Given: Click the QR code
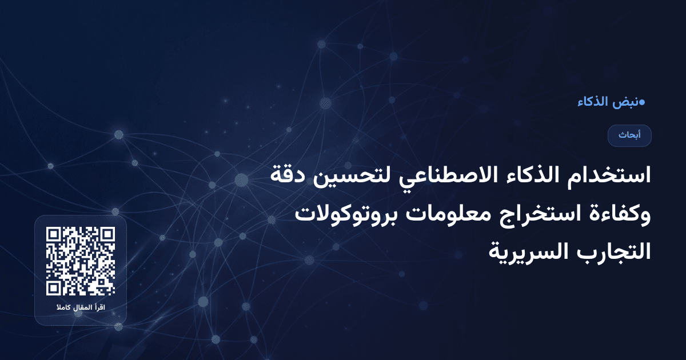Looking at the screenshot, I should pos(81,261).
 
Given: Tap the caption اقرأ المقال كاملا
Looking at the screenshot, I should pos(81,309).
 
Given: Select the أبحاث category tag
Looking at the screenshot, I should pos(629,135).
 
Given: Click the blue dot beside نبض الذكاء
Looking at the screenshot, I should pos(641,102).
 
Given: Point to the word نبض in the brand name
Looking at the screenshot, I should pos(624,102).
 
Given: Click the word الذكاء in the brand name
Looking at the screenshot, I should pos(592,102).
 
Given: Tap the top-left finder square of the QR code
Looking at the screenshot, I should pos(54,235).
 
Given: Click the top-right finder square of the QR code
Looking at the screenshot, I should pos(107,235).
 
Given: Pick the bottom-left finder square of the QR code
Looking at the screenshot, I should pos(54,287).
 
